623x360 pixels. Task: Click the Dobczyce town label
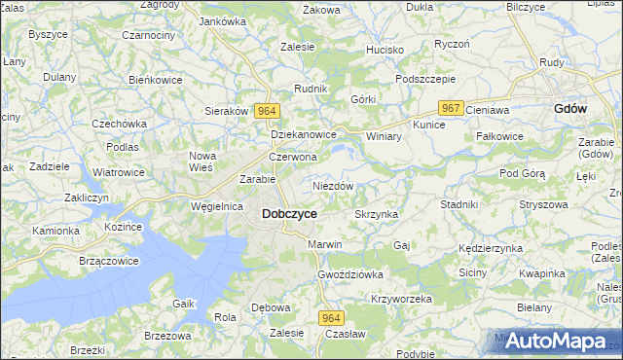pyautogui.click(x=289, y=213)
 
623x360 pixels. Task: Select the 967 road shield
pyautogui.click(x=450, y=109)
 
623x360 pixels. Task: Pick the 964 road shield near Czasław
pyautogui.click(x=331, y=318)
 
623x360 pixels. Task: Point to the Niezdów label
pyautogui.click(x=333, y=185)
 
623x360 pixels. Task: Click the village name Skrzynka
pyautogui.click(x=377, y=214)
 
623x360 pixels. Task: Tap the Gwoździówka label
pyautogui.click(x=350, y=274)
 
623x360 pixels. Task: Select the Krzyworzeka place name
pyautogui.click(x=401, y=300)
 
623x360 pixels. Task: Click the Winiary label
pyautogui.click(x=384, y=136)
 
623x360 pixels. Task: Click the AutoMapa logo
pyautogui.click(x=555, y=341)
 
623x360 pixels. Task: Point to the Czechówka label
pyautogui.click(x=119, y=124)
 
